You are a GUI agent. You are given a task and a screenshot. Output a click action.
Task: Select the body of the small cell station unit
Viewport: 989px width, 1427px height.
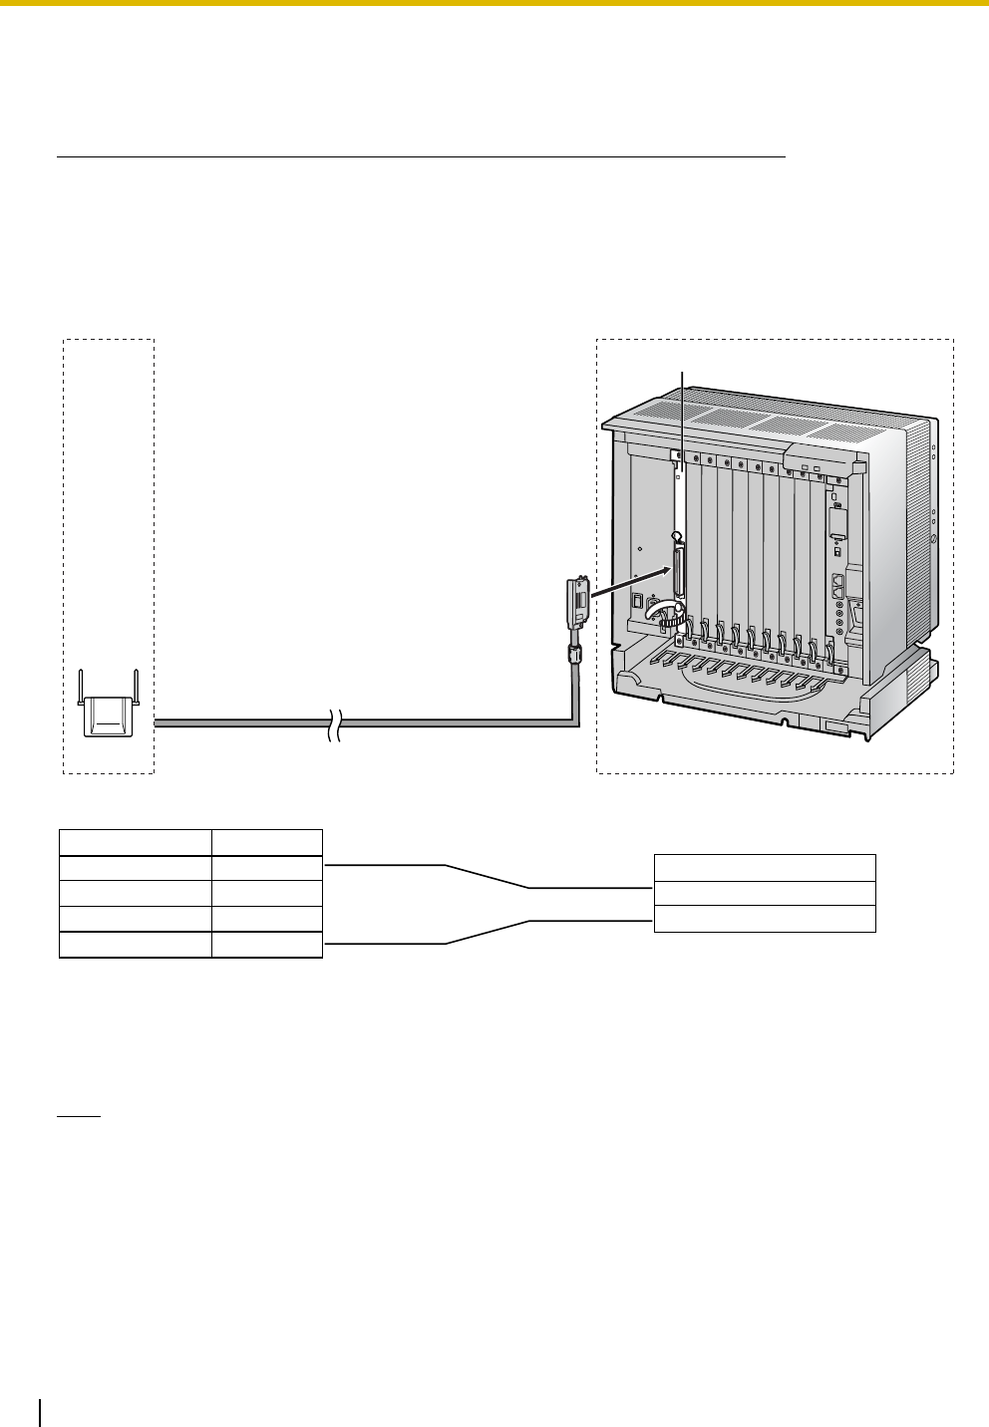point(108,713)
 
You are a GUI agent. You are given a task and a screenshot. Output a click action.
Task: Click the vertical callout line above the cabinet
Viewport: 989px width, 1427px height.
point(682,419)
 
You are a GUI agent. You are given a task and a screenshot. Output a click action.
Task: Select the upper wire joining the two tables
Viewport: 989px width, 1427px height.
point(488,876)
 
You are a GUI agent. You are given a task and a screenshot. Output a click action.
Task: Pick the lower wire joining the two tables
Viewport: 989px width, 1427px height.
point(488,932)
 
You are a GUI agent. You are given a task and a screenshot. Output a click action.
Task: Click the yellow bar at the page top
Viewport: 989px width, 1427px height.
point(494,3)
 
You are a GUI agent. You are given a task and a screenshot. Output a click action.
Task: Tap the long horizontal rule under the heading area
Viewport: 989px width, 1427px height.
point(422,156)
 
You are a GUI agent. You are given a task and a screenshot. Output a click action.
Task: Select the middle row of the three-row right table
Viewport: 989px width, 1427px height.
point(765,893)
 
